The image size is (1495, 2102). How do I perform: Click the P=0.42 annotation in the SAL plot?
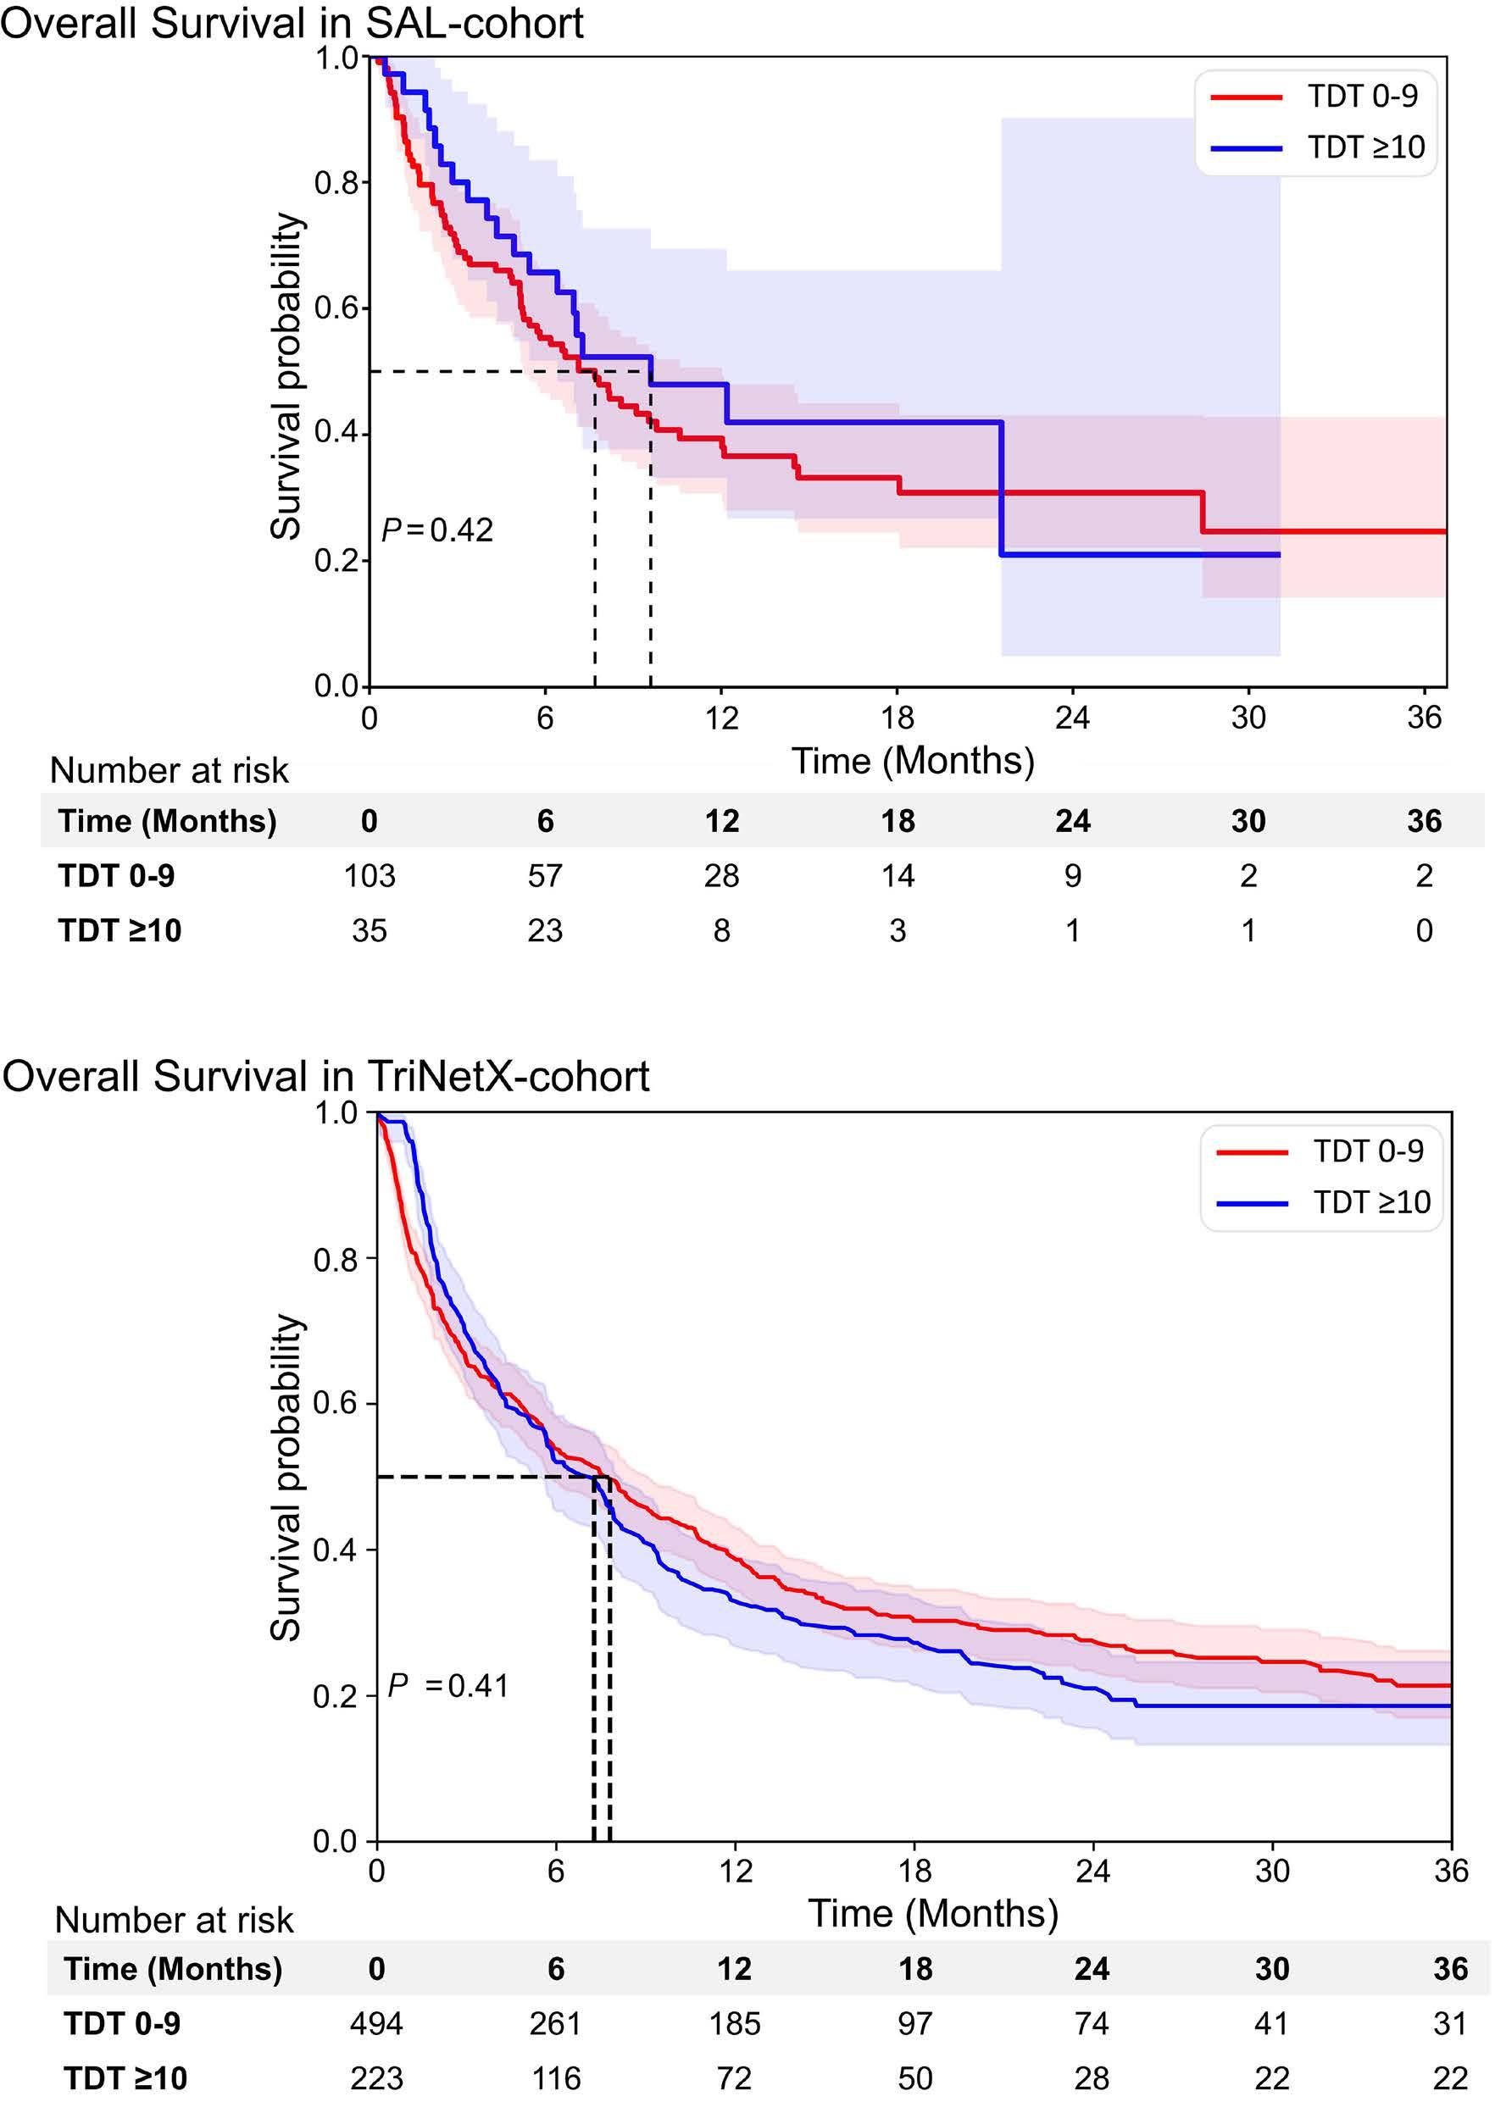437,530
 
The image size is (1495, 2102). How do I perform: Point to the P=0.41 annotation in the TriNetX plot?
448,1685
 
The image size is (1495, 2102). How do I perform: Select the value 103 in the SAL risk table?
370,875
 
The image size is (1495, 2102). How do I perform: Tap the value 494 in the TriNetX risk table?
376,2023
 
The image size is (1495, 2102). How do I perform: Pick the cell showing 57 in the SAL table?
545,875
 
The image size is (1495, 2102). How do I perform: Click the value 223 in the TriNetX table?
376,2078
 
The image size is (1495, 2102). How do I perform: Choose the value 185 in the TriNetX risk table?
735,2023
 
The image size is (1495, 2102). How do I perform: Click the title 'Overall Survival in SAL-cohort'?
292,23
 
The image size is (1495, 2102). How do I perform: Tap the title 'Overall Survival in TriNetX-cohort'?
326,1076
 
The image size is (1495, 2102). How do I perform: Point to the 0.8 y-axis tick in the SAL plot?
337,183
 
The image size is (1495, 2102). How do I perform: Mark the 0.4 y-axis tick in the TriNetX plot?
337,1550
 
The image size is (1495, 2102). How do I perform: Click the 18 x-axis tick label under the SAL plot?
898,718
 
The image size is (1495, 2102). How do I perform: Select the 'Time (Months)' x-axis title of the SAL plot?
914,761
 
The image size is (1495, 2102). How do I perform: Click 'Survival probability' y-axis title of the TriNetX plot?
286,1476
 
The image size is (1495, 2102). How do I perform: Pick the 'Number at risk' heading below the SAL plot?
170,771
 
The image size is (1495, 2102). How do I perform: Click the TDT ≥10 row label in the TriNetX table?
125,2078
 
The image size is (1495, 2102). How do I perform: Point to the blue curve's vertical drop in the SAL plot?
1002,488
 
